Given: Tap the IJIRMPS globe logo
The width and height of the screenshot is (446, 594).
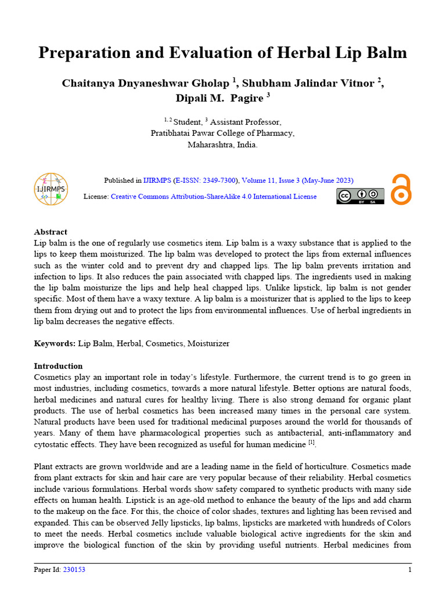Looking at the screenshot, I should click(51, 189).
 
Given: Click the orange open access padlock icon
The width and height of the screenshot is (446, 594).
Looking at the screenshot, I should click(400, 189).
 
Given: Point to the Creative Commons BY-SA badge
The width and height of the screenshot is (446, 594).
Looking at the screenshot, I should click(360, 196).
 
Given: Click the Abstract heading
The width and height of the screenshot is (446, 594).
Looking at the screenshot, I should click(51, 231).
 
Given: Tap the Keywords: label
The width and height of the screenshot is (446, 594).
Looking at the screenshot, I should click(55, 343).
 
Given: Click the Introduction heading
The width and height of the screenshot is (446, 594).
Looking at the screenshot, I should click(58, 366).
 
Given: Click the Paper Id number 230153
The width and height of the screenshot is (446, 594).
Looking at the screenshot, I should click(74, 570).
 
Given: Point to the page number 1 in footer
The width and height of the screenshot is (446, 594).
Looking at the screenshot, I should click(409, 570).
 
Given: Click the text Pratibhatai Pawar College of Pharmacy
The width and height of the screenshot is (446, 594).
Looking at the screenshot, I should click(222, 133).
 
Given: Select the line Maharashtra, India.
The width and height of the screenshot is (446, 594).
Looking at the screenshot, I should click(222, 144).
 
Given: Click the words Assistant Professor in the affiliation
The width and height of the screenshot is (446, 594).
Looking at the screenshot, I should click(245, 122).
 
